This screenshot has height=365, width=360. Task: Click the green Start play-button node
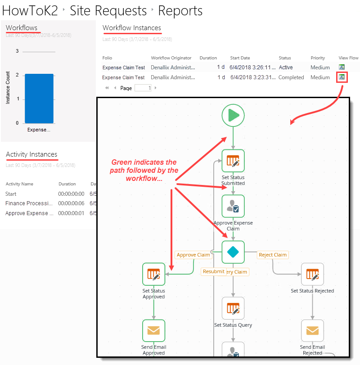pyautogui.click(x=233, y=116)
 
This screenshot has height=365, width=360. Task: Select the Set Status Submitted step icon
pyautogui.click(x=233, y=161)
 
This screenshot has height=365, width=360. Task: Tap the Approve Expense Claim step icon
pyautogui.click(x=233, y=206)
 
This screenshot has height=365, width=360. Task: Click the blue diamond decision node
pyautogui.click(x=233, y=252)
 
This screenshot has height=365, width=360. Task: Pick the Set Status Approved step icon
pyautogui.click(x=154, y=274)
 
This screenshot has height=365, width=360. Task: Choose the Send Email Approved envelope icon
pyautogui.click(x=154, y=331)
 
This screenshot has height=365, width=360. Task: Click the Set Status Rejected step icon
pyautogui.click(x=312, y=274)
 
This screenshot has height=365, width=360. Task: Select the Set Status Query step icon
pyautogui.click(x=233, y=308)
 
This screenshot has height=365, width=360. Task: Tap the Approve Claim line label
pyautogui.click(x=193, y=255)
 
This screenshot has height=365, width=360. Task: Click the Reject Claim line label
pyautogui.click(x=273, y=255)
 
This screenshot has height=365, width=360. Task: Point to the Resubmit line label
pyautogui.click(x=213, y=271)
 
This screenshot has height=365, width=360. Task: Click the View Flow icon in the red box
pyautogui.click(x=342, y=77)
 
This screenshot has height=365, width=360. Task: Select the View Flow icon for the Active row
pyautogui.click(x=342, y=68)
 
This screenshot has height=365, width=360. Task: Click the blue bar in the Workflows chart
pyautogui.click(x=39, y=99)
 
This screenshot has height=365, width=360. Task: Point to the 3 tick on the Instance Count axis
pyautogui.click(x=17, y=51)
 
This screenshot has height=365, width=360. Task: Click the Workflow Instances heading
pyautogui.click(x=132, y=28)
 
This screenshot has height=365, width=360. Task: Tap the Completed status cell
pyautogui.click(x=291, y=77)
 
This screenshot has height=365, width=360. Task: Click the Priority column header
pyautogui.click(x=318, y=58)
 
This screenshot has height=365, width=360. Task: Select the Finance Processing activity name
pyautogui.click(x=26, y=203)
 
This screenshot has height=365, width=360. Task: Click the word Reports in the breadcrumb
pyautogui.click(x=180, y=10)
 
